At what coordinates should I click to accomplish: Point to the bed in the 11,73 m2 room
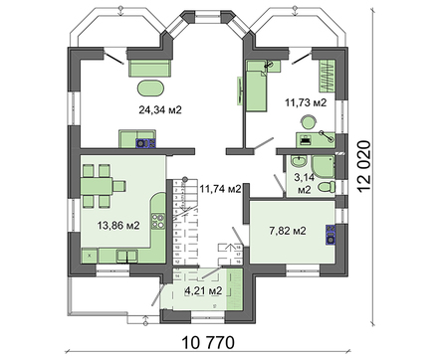[258, 86]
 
